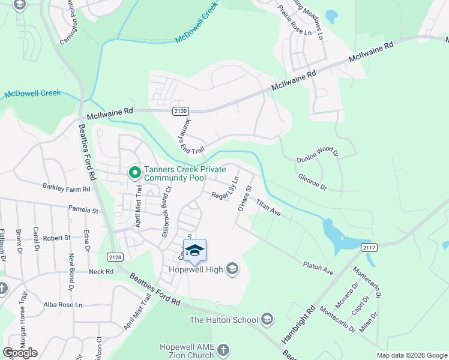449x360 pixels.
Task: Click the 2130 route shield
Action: pyautogui.click(x=181, y=111)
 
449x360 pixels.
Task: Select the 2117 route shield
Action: pyautogui.click(x=369, y=247)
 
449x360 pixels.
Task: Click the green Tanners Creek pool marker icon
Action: pyautogui.click(x=135, y=173)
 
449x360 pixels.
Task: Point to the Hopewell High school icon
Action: pyautogui.click(x=232, y=270)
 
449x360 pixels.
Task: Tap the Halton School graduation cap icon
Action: pyautogui.click(x=267, y=320)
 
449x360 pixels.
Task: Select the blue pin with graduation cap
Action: pyautogui.click(x=194, y=251)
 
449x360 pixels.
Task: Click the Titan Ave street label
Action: pyautogui.click(x=268, y=208)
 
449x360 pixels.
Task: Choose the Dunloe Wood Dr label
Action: pyautogui.click(x=318, y=155)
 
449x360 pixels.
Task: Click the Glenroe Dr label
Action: pyautogui.click(x=312, y=182)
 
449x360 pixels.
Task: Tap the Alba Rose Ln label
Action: pyautogui.click(x=63, y=304)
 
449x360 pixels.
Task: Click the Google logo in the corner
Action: pyautogui.click(x=20, y=353)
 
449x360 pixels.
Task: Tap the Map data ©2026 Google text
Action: pyautogui.click(x=411, y=355)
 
